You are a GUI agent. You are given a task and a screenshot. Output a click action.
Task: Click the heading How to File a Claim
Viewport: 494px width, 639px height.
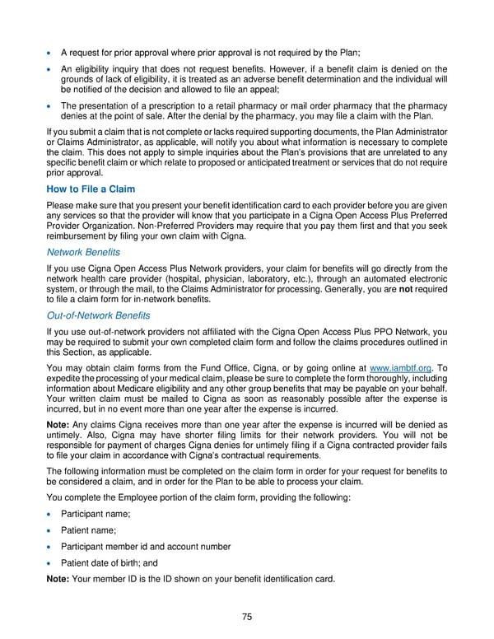point(91,189)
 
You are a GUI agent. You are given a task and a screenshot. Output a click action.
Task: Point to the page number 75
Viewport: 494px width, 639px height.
point(246,618)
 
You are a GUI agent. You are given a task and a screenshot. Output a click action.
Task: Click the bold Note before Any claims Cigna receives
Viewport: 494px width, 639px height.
point(59,425)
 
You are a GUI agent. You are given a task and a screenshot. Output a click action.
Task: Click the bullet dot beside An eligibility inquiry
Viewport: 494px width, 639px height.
point(53,68)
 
